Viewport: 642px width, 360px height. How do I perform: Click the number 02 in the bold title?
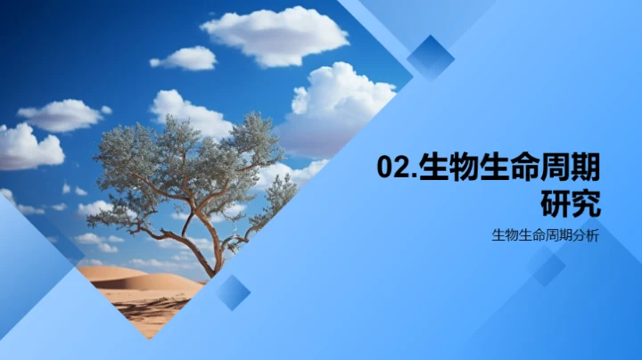coord(391,168)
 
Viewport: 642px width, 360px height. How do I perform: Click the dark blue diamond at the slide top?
coord(431,58)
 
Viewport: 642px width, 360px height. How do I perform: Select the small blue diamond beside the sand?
coord(233,292)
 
